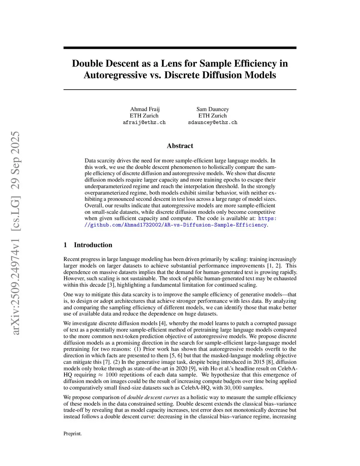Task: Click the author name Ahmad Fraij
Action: pos(144,109)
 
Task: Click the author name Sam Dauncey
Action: pos(212,109)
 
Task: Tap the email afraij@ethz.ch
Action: pos(144,122)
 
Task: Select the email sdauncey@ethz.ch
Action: pos(213,122)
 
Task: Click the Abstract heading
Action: pos(180,146)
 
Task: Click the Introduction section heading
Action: pos(93,245)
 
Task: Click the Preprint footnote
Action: pos(72,434)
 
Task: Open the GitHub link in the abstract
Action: pos(176,225)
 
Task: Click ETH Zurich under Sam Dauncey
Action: pos(212,116)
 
